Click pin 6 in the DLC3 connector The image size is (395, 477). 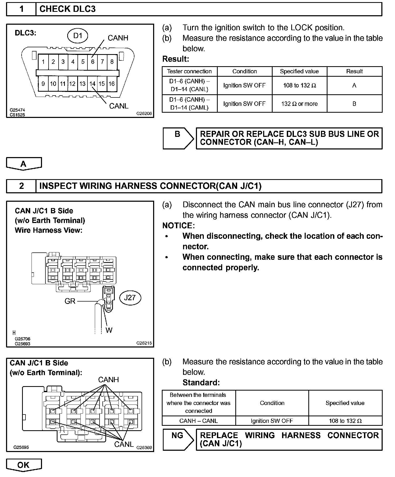click(92, 62)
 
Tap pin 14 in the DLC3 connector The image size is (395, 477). click(92, 84)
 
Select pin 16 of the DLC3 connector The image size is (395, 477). click(112, 84)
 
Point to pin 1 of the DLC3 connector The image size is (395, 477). click(43, 62)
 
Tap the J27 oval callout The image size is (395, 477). click(130, 298)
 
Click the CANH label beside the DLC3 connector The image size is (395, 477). click(118, 38)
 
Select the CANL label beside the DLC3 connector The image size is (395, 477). click(119, 106)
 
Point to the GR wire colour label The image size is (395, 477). click(70, 301)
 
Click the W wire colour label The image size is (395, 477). click(109, 330)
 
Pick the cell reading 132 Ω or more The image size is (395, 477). click(299, 104)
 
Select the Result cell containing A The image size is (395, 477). click(354, 85)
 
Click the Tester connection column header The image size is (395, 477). click(189, 71)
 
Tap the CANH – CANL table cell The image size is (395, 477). click(199, 421)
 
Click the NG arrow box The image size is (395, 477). click(178, 439)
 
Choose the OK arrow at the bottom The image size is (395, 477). click(24, 465)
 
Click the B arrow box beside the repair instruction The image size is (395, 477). click(178, 138)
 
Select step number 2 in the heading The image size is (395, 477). click(22, 186)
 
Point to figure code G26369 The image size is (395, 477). click(144, 447)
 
